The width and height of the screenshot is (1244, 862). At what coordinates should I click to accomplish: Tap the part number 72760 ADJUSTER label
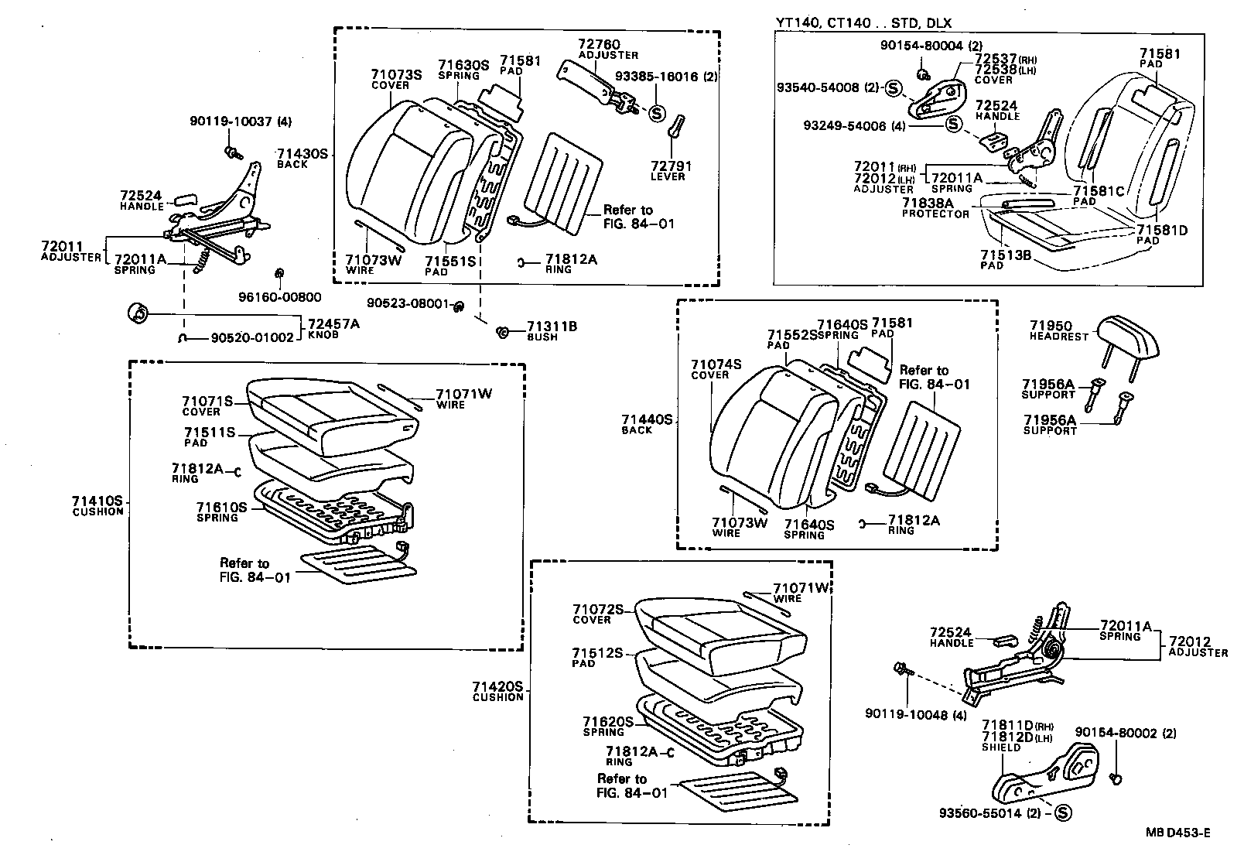pyautogui.click(x=608, y=50)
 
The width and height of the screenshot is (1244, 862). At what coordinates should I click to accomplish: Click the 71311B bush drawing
pyautogui.click(x=501, y=332)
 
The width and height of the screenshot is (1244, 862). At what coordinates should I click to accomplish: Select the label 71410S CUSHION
pyautogui.click(x=98, y=505)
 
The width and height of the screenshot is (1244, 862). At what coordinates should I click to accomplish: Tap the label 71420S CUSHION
pyautogui.click(x=498, y=692)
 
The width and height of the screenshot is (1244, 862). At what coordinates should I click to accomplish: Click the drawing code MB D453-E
pyautogui.click(x=1178, y=833)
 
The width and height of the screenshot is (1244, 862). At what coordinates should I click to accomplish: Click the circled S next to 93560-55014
pyautogui.click(x=1061, y=813)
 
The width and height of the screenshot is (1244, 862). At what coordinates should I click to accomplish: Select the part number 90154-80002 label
pyautogui.click(x=1126, y=733)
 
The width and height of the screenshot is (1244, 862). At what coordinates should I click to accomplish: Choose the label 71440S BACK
pyautogui.click(x=647, y=424)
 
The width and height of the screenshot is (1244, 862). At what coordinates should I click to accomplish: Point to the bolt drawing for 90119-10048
pyautogui.click(x=901, y=668)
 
